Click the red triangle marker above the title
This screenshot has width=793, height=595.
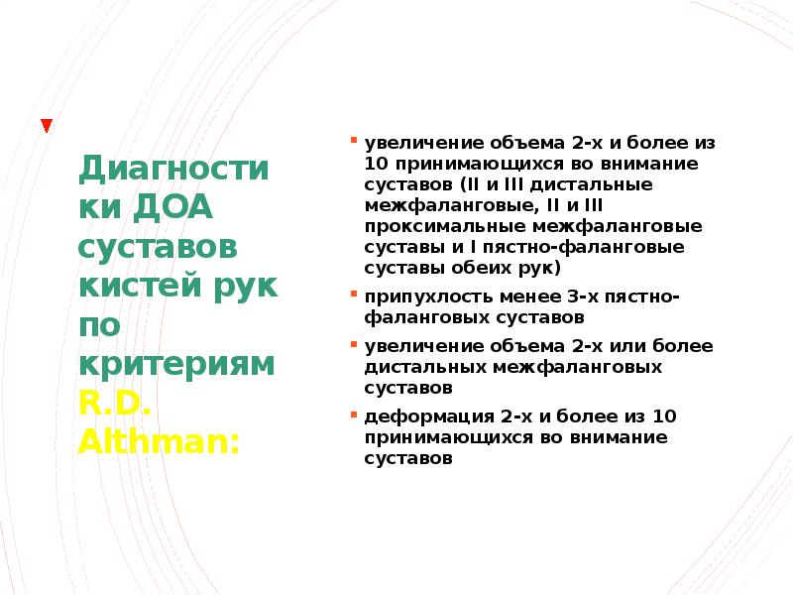[47, 126]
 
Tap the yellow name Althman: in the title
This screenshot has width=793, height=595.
[159, 439]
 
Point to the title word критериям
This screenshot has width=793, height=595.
[176, 363]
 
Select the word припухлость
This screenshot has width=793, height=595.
[414, 297]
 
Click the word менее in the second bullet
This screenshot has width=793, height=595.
[503, 297]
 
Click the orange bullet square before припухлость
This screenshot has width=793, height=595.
[354, 295]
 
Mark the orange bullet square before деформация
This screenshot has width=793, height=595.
[354, 414]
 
